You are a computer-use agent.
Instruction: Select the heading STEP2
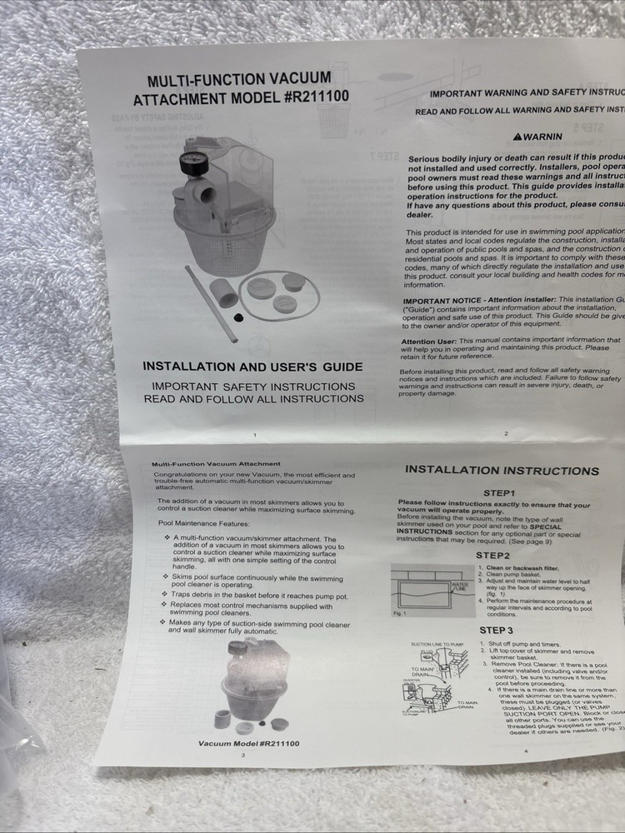(x=493, y=555)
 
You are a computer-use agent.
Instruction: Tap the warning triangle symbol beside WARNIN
(x=517, y=136)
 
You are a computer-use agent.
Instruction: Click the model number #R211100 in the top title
(x=316, y=96)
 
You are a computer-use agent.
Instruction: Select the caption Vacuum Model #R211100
(x=249, y=742)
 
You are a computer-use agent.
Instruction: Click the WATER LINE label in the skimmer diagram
(x=459, y=586)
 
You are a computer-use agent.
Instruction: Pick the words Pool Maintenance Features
(x=204, y=523)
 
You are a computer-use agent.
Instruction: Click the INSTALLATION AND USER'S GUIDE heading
(x=253, y=367)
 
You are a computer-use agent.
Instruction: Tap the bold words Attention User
(x=429, y=341)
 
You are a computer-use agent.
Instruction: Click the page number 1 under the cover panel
(x=254, y=436)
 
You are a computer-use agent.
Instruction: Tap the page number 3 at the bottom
(x=242, y=755)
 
